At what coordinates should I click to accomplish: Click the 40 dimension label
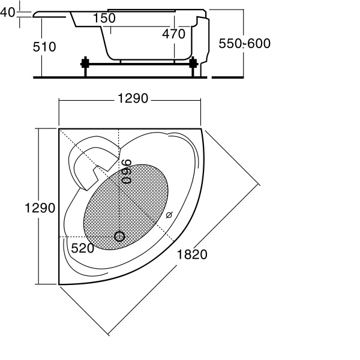[8, 13]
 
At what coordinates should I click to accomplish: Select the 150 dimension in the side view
[104, 19]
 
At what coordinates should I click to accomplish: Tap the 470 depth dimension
[173, 34]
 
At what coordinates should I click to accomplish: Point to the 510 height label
[44, 46]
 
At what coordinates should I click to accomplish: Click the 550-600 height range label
[244, 44]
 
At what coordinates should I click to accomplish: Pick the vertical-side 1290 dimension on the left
[40, 208]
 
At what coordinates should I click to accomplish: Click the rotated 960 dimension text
[126, 172]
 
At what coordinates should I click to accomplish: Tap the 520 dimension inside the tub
[82, 247]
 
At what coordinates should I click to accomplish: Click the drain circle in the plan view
[119, 236]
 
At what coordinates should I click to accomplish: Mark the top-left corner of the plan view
[59, 128]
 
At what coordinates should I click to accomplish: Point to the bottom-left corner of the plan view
[59, 284]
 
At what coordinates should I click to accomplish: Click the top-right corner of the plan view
[203, 129]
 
